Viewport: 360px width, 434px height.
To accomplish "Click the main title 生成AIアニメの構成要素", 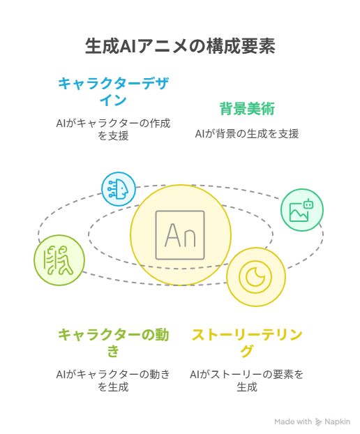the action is pos(180,46).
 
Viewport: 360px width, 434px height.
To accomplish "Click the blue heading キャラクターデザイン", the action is pos(113,91).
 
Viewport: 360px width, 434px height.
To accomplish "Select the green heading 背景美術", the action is pos(247,109).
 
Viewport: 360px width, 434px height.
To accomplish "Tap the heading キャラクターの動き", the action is pos(113,343).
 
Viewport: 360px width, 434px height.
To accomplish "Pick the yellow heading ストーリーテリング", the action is pos(247,343).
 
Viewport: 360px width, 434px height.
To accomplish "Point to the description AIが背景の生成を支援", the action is pos(247,134).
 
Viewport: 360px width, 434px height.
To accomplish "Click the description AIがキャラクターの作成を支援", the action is pos(113,129).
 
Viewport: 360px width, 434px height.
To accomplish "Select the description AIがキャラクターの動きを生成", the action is pos(113,380).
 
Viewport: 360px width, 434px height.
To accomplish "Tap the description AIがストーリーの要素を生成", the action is pos(247,380).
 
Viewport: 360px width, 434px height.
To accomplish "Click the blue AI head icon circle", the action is pos(119,189).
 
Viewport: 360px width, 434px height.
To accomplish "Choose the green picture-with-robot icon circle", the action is pos(302,210).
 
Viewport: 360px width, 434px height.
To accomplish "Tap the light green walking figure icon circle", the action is pos(59,260).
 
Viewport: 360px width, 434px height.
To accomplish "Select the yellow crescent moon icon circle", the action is pos(255,277).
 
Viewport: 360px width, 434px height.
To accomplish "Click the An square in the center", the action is pos(180,235).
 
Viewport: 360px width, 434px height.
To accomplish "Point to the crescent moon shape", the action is pos(255,277).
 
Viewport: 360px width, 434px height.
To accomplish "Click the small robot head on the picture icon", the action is pos(308,204).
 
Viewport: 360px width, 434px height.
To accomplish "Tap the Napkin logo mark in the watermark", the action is pos(319,422).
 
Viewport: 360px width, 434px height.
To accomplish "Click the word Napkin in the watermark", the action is pos(337,422).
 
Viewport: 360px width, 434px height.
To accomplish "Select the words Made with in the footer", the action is pos(293,421).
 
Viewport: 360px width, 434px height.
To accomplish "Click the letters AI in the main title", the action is pos(128,46).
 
